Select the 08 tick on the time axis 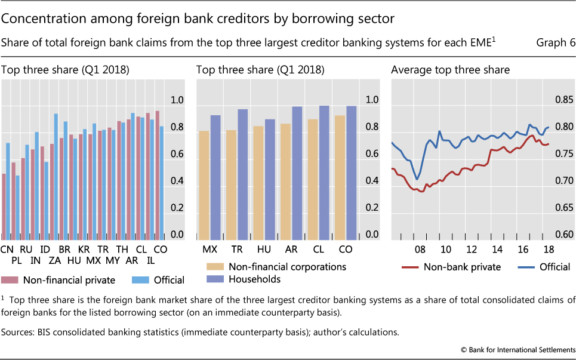(x=420, y=248)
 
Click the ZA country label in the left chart (x=54, y=260)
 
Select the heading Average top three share (x=450, y=70)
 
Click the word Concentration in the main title (x=38, y=19)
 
